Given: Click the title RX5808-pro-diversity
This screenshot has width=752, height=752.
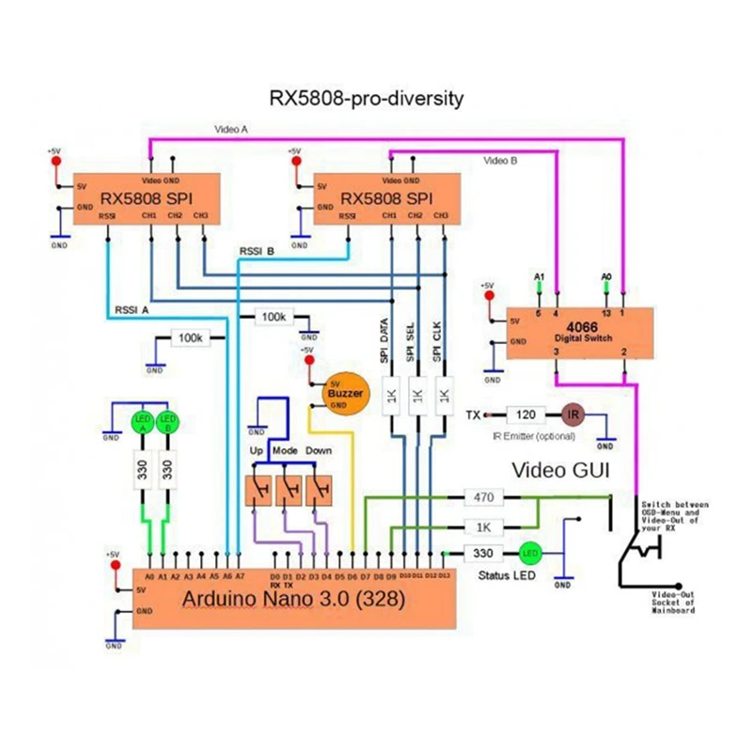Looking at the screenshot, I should (x=366, y=98).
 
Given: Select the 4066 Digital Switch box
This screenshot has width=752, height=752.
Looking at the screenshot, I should (x=570, y=333).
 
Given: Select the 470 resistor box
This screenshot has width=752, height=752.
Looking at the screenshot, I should (x=485, y=496).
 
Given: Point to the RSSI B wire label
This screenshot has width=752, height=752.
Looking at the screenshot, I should (x=257, y=251).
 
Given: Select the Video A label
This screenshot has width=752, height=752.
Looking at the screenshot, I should (x=231, y=130).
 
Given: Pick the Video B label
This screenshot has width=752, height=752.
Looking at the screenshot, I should (x=501, y=161).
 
